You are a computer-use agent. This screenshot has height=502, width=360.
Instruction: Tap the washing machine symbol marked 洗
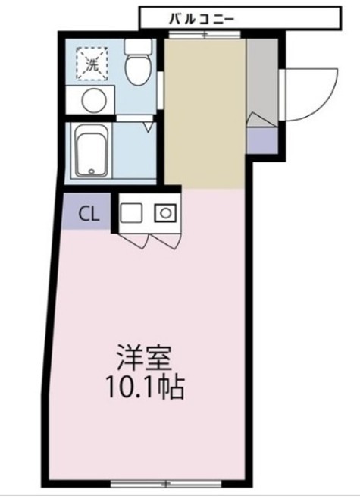tap(91, 63)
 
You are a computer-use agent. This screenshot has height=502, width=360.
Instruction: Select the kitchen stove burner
tap(164, 213)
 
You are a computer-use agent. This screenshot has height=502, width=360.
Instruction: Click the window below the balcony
tap(203, 34)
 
